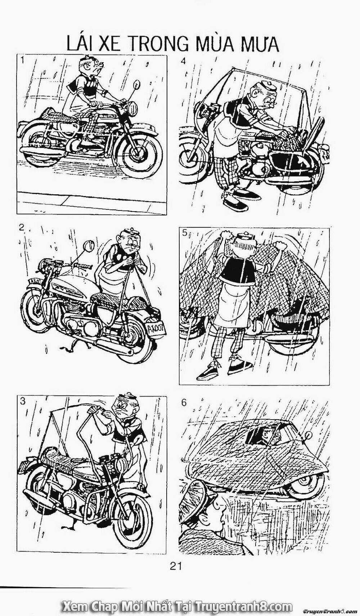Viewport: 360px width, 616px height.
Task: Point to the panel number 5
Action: point(184,233)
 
